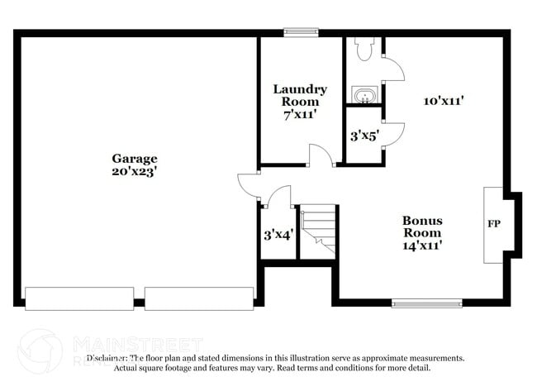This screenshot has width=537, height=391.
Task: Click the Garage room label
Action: pos(135,158)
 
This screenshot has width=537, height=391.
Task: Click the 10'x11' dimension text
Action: pos(443,101)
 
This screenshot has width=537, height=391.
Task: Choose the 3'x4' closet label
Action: pos(278,234)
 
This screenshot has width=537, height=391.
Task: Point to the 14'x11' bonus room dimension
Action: pos(422,246)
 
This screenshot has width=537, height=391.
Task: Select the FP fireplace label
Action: pos(493,224)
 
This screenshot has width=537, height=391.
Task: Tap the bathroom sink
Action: pos(363,96)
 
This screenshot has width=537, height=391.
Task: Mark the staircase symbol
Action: pos(318,232)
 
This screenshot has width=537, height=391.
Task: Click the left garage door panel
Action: pos(79,298)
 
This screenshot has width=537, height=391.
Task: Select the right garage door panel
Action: pos(198,298)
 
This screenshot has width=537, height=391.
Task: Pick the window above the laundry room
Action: pos(302,33)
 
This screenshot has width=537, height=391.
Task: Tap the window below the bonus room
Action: pos(426,303)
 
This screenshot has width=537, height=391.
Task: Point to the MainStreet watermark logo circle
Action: pos(40,350)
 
